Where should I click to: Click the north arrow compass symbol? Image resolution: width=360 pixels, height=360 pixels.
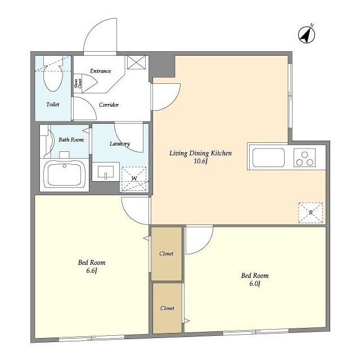click(x=306, y=35)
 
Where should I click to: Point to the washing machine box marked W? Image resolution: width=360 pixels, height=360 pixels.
click(x=134, y=179)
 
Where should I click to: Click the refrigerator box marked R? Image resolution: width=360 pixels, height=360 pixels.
click(x=311, y=212)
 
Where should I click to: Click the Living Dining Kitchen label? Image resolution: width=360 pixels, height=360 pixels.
click(x=201, y=153)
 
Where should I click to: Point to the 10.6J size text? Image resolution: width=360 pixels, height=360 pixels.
click(x=201, y=162)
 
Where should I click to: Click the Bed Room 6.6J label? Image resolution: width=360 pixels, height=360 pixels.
click(x=91, y=266)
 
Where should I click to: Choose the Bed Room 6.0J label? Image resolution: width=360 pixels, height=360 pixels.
click(x=254, y=279)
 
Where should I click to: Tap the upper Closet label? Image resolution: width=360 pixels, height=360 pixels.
click(x=166, y=254)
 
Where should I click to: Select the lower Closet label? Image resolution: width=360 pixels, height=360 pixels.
click(x=167, y=308)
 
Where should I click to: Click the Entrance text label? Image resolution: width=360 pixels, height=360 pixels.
click(x=100, y=71)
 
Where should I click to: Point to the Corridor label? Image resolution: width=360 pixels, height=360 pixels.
click(x=109, y=105)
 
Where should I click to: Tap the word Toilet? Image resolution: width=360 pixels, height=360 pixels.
click(x=52, y=105)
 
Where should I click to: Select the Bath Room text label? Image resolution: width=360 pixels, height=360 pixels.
click(x=71, y=139)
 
